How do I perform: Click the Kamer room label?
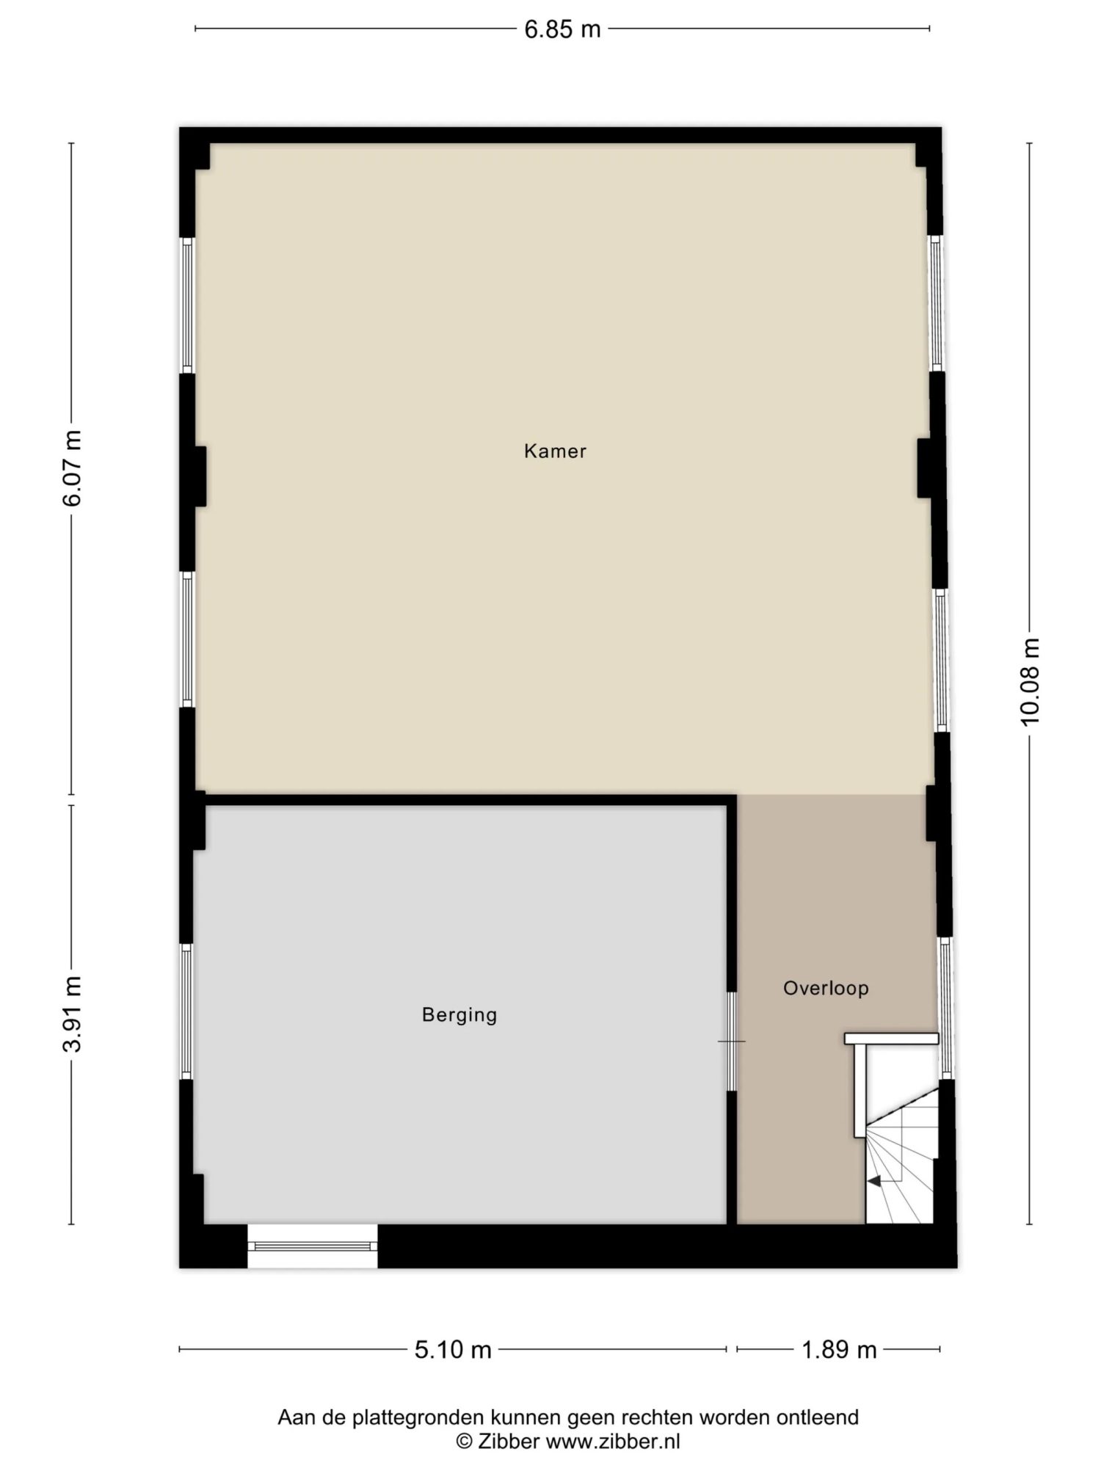tap(555, 451)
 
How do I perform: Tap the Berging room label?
tap(459, 1015)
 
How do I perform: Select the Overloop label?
tap(826, 988)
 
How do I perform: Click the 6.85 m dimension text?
tap(562, 29)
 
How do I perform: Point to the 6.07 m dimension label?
tap(72, 468)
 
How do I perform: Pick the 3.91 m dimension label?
tap(72, 1014)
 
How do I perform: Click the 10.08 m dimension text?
tap(1031, 681)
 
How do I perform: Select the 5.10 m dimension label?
tap(453, 1350)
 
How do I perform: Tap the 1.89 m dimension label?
tap(839, 1350)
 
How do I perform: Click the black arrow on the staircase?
tap(874, 1181)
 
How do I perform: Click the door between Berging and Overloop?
tap(731, 1041)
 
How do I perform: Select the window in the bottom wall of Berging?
tap(313, 1246)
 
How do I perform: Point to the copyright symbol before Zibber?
tap(464, 1442)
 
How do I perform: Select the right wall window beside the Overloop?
tap(945, 1008)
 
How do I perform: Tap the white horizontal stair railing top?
tap(891, 1039)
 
